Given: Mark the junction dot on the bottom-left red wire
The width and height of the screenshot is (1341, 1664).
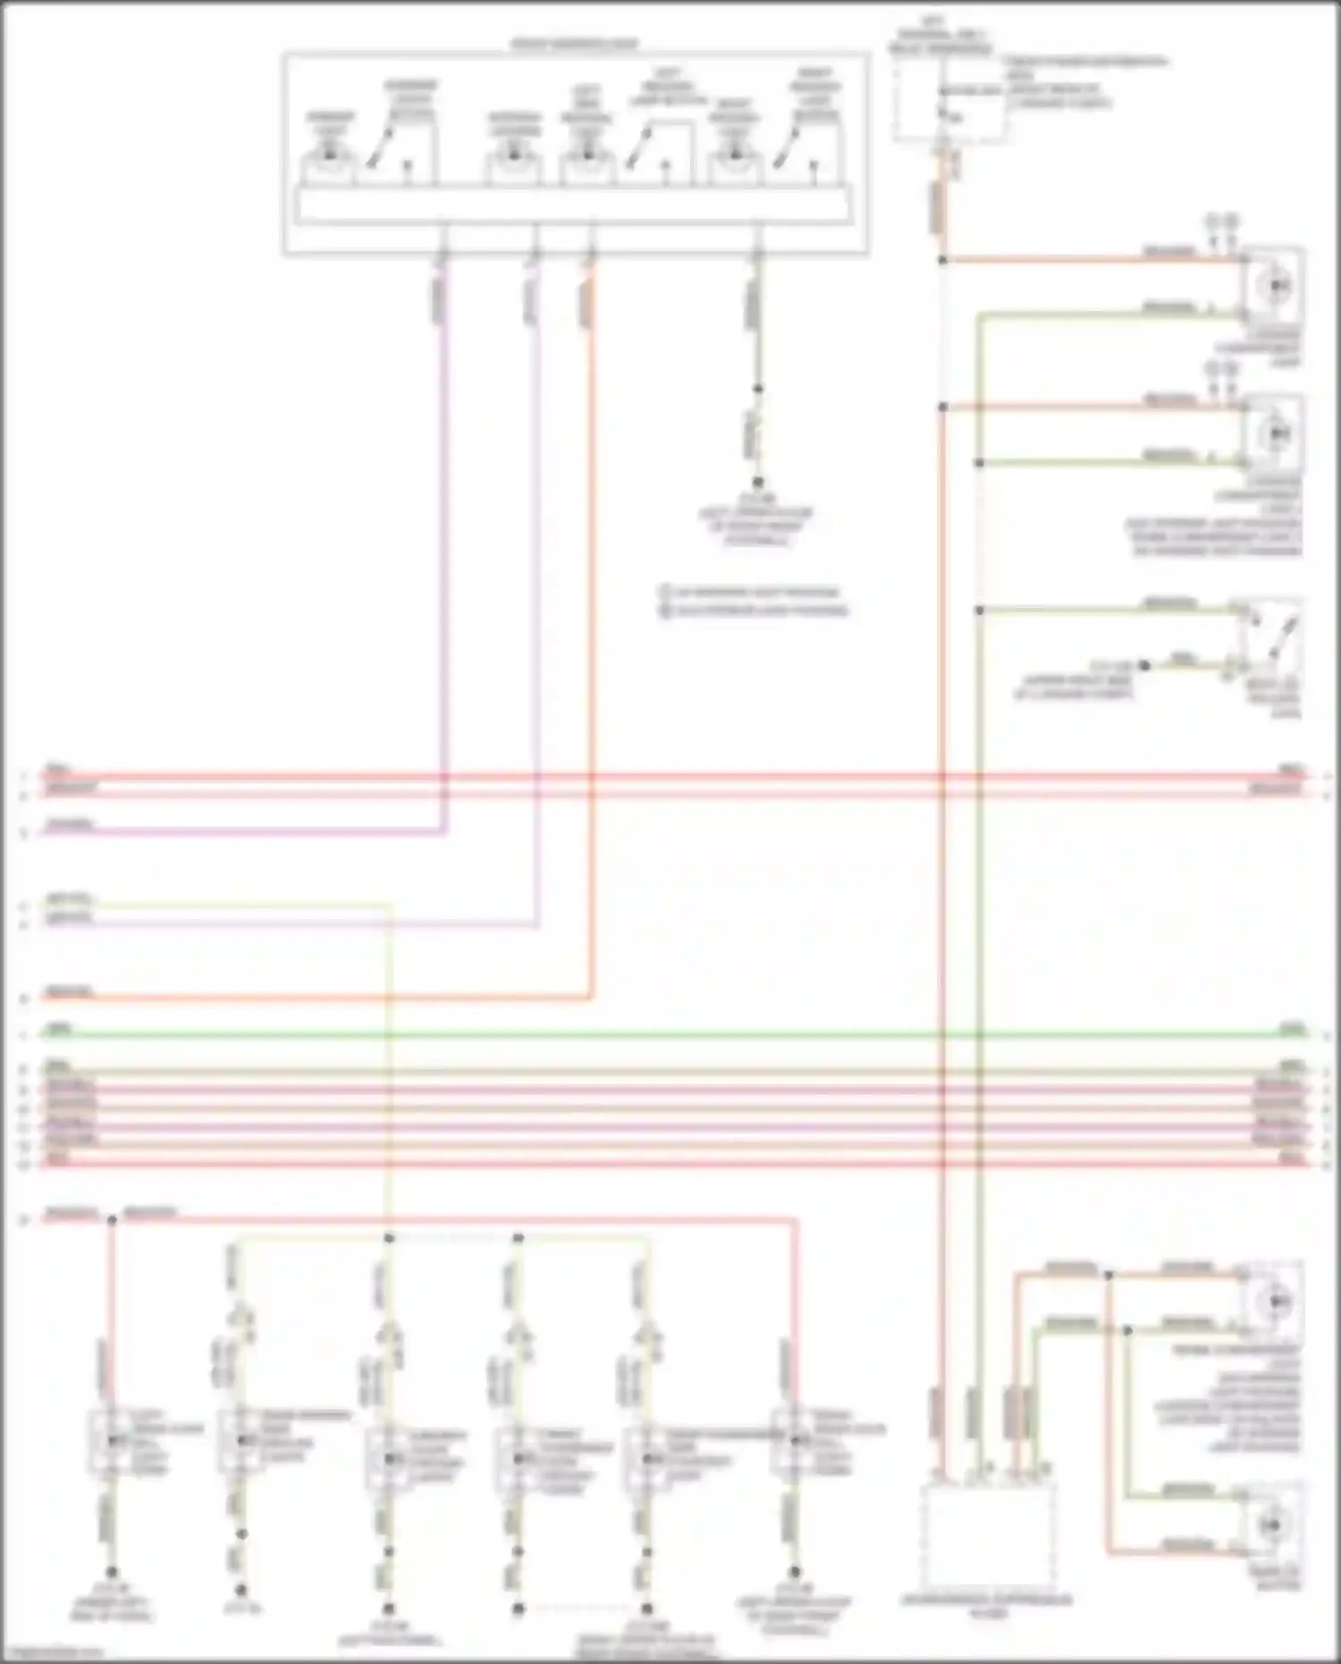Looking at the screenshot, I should [x=112, y=1220].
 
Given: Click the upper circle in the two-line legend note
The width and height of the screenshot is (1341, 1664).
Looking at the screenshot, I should [x=664, y=592].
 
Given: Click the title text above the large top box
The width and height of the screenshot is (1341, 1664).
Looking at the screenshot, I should [x=574, y=44].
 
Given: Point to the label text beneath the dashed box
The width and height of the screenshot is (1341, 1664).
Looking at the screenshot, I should [x=989, y=1605].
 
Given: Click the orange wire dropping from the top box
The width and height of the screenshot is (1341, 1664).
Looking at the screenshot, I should [x=590, y=626].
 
